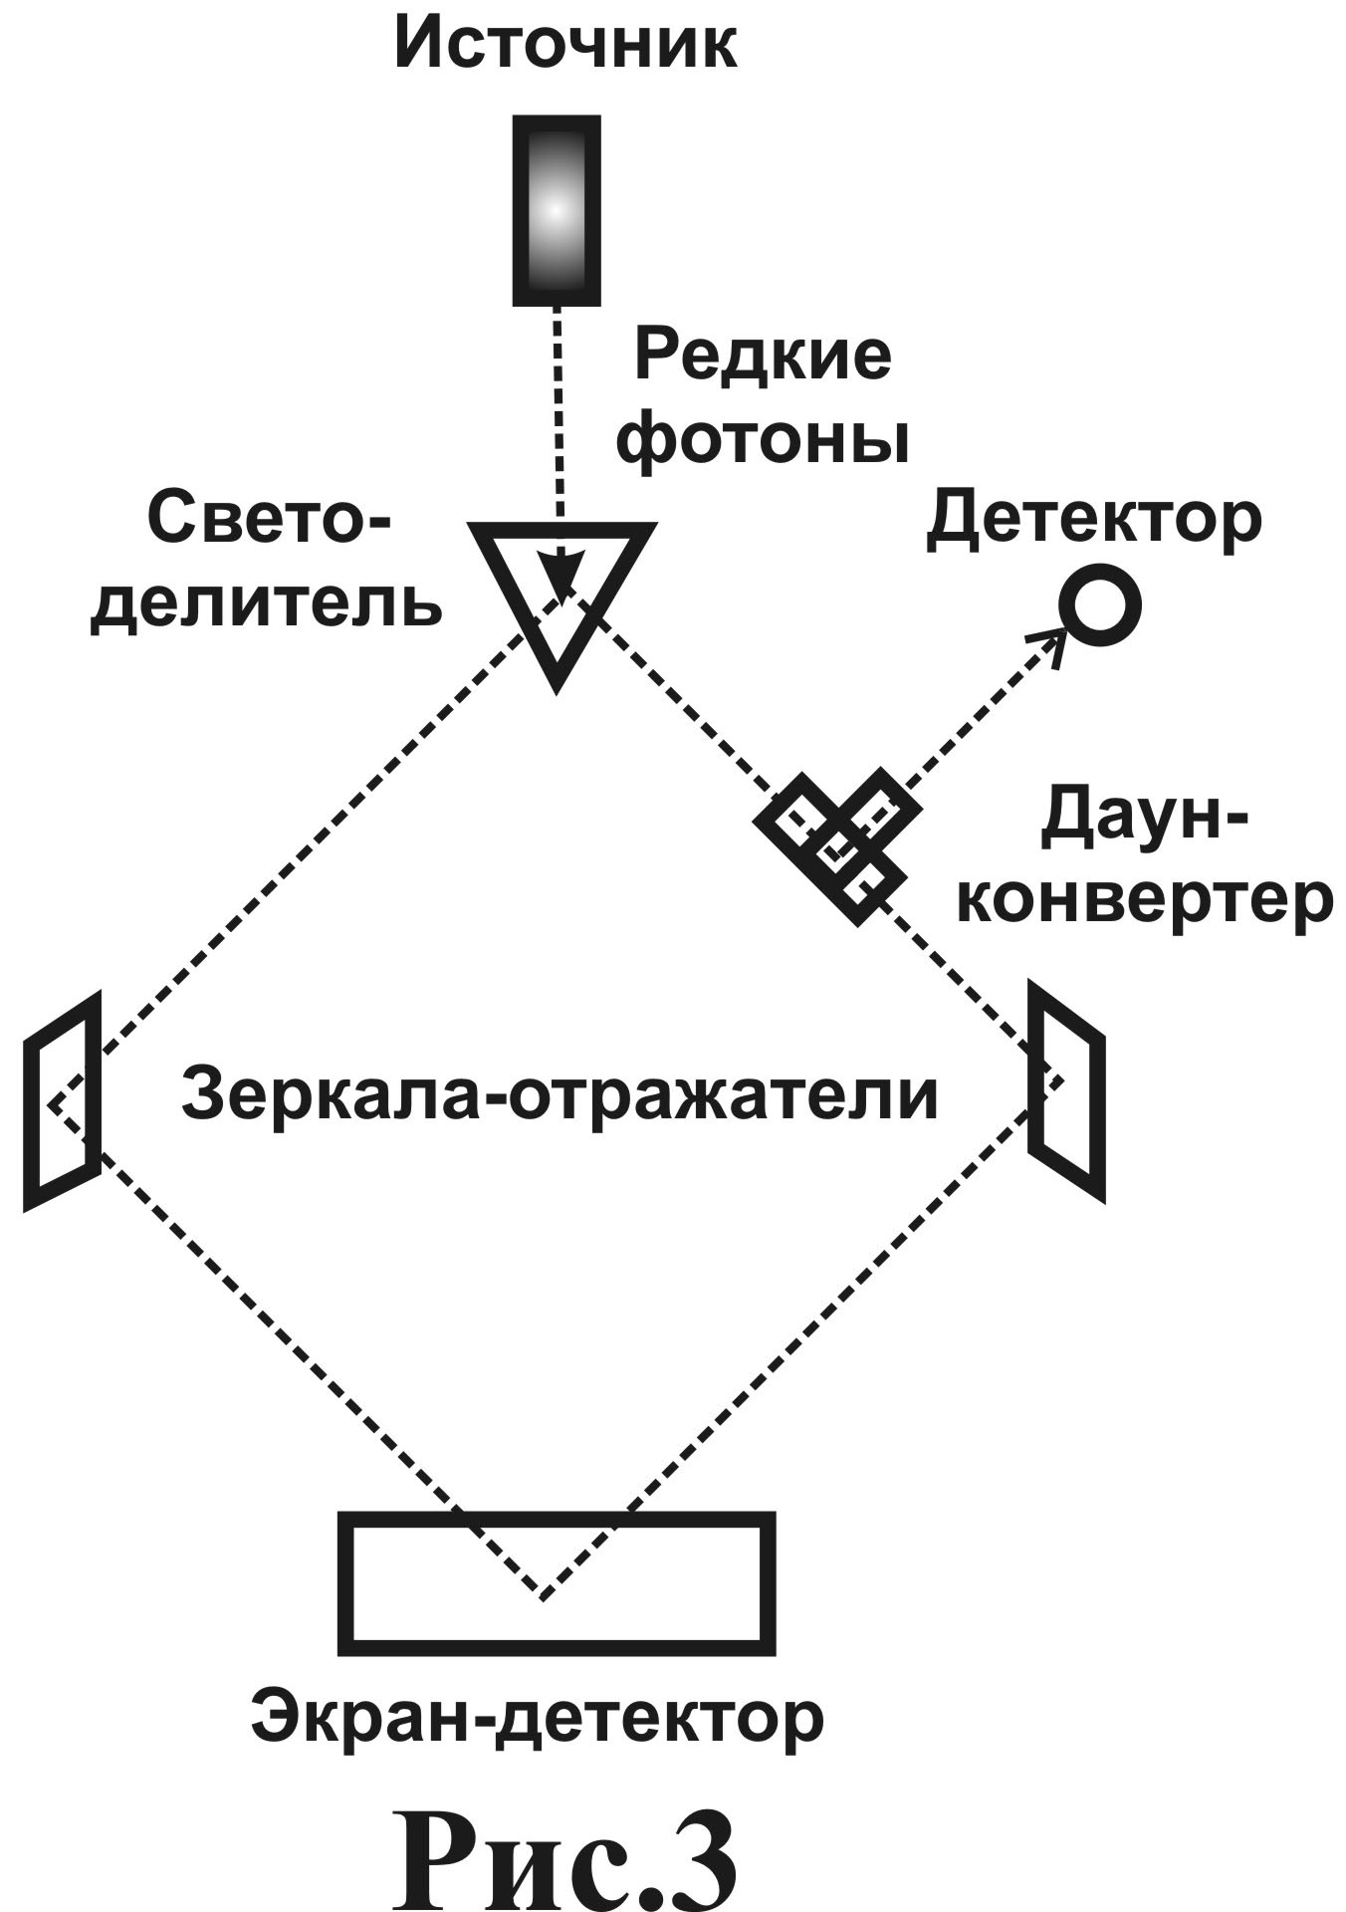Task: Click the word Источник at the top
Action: [x=565, y=46]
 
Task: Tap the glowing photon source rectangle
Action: [x=557, y=210]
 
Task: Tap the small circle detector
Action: [x=1099, y=604]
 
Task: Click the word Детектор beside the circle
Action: [x=1093, y=521]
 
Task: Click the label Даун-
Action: [x=1145, y=819]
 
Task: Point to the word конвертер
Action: [x=1150, y=900]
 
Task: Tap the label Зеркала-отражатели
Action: [x=560, y=1095]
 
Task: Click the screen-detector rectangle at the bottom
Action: [x=557, y=1584]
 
